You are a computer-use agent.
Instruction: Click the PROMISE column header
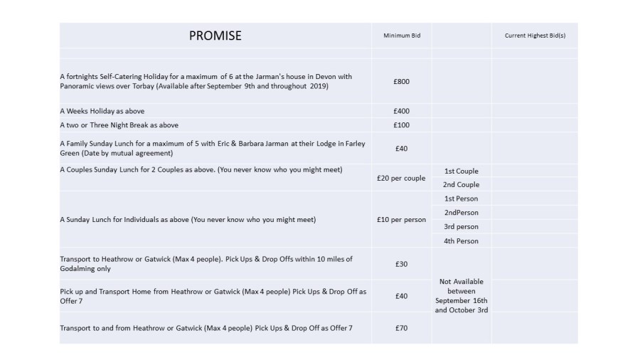pyautogui.click(x=215, y=36)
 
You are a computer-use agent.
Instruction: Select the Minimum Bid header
pyautogui.click(x=401, y=36)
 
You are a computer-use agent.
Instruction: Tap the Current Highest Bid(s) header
pyautogui.click(x=535, y=36)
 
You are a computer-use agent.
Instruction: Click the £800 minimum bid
pyautogui.click(x=401, y=82)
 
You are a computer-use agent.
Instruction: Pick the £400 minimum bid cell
pyautogui.click(x=401, y=111)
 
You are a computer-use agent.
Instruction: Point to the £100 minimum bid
pyautogui.click(x=401, y=125)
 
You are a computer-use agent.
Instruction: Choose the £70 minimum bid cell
pyautogui.click(x=401, y=327)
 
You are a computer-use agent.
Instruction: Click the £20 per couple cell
pyautogui.click(x=401, y=178)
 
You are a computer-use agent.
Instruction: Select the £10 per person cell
pyautogui.click(x=401, y=220)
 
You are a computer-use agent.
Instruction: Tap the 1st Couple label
pyautogui.click(x=461, y=171)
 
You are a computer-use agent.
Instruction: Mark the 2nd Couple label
pyautogui.click(x=461, y=185)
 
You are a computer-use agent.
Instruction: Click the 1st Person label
pyautogui.click(x=461, y=198)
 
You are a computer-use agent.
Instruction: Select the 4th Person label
pyautogui.click(x=461, y=241)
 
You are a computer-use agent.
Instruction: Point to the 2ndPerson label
pyautogui.click(x=461, y=213)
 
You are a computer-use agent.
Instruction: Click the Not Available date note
pyautogui.click(x=461, y=295)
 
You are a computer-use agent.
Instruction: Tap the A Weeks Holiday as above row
pyautogui.click(x=95, y=111)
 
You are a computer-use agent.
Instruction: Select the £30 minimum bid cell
pyautogui.click(x=401, y=264)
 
